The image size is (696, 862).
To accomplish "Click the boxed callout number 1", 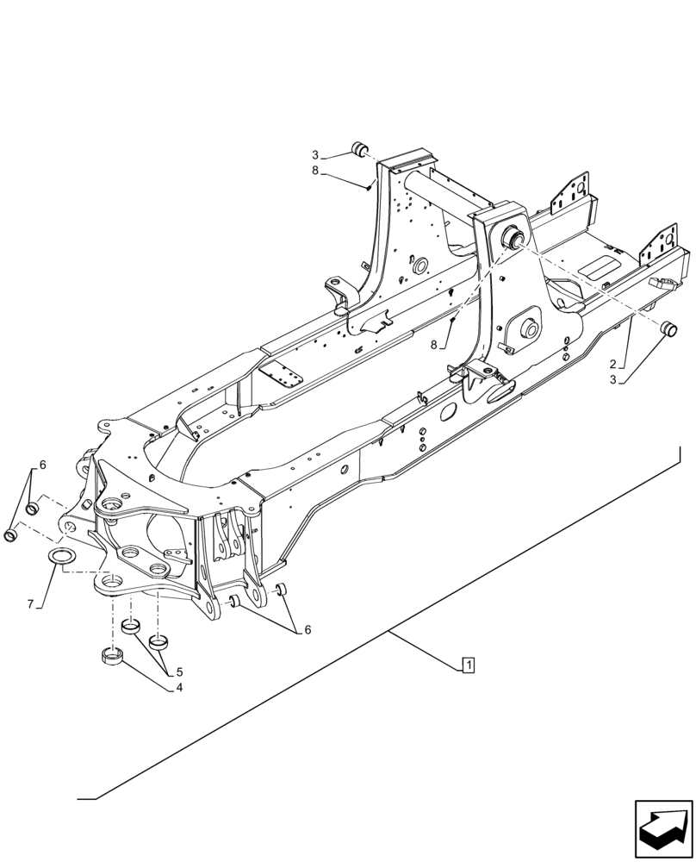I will (468, 665).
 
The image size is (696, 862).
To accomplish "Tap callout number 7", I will (30, 603).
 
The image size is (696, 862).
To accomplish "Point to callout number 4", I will (178, 687).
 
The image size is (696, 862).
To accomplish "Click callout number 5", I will (178, 671).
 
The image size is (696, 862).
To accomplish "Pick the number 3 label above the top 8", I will (315, 155).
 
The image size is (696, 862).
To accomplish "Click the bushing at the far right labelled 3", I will (668, 330).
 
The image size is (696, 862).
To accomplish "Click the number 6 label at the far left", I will (42, 465).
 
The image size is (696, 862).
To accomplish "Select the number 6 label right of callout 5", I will (306, 630).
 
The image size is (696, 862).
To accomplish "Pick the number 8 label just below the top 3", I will (315, 172).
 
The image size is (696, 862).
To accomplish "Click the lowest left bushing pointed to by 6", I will (12, 536).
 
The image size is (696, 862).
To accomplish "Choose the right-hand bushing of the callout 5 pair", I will (158, 640).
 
